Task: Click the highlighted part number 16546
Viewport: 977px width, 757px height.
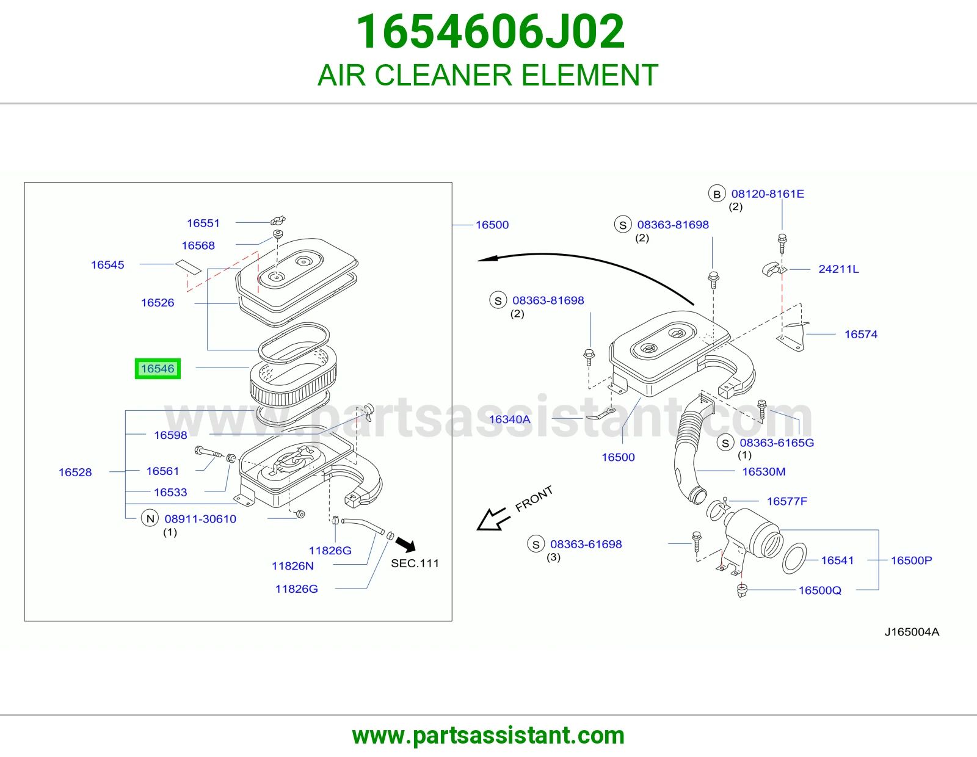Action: [x=158, y=369]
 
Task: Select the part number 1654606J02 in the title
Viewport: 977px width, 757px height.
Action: [x=490, y=32]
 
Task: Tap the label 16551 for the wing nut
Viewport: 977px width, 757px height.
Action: [x=203, y=223]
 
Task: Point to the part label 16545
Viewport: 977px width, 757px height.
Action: [x=107, y=265]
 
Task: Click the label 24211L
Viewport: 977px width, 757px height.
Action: [x=838, y=269]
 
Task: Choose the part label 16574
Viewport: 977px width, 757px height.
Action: [x=860, y=334]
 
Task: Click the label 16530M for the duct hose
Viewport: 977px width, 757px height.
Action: [x=763, y=471]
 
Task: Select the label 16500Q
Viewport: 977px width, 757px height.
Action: [x=819, y=590]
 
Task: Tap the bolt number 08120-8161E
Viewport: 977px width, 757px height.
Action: [x=768, y=194]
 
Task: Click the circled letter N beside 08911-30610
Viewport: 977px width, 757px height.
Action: [x=150, y=518]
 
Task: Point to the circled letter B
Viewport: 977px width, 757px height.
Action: [x=717, y=194]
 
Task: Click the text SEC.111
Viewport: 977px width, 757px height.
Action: [x=415, y=563]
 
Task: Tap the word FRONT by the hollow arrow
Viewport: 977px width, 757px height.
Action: [x=534, y=499]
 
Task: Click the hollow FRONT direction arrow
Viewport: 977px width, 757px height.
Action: [x=493, y=519]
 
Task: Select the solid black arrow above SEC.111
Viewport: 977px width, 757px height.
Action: [x=405, y=545]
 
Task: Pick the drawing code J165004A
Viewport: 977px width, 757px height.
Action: [x=912, y=632]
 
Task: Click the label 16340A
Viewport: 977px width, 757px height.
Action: [x=509, y=419]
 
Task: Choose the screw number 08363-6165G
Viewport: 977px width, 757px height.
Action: [x=777, y=443]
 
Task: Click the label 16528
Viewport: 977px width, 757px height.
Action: [x=75, y=473]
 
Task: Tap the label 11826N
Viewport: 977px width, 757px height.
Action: [x=292, y=566]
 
